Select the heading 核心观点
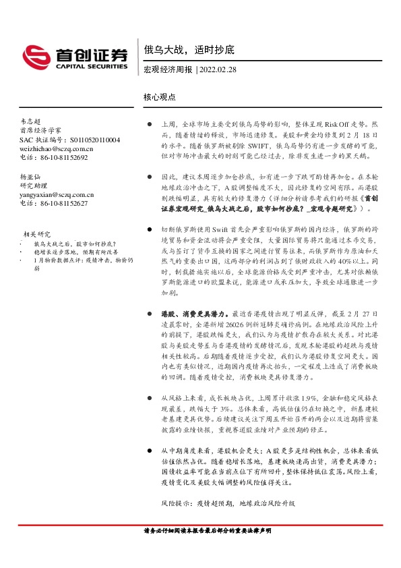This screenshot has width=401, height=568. [x=160, y=97]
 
